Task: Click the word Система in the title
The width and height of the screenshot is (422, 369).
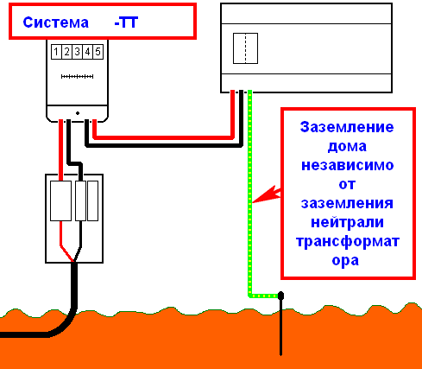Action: coord(55,22)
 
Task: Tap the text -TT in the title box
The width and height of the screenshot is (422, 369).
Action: coord(126,22)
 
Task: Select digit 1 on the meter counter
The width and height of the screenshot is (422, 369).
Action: coord(56,52)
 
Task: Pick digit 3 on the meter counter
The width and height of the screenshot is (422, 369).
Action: coord(77,52)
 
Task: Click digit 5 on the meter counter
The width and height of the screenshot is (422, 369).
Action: coord(98,52)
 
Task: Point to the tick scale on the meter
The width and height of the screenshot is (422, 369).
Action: coord(77,76)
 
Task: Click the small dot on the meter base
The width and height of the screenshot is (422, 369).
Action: coord(78,113)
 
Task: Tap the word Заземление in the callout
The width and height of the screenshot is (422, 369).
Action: coord(347,127)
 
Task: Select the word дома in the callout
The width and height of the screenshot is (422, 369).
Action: coord(347,146)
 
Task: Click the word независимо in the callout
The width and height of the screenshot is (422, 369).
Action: coord(348,165)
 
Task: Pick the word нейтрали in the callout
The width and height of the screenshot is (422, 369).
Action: coord(348,222)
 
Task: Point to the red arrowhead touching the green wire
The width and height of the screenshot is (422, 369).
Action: coord(266,194)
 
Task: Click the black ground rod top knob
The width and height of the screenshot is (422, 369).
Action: coord(280,296)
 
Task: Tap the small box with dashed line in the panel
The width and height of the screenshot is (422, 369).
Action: coord(245,48)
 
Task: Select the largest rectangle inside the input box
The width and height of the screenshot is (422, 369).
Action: coord(60,200)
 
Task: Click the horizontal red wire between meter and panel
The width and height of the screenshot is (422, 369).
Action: coord(163,137)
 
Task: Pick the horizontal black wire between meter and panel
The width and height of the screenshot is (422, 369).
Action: coord(164,145)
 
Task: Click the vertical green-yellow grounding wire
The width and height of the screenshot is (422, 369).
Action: coord(249,193)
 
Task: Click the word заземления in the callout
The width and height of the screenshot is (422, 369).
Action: coord(347,203)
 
